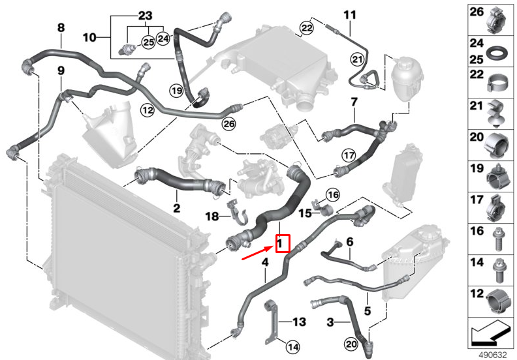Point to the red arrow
[258, 253]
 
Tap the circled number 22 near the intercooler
[307, 28]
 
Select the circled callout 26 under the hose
[229, 123]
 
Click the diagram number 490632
[493, 355]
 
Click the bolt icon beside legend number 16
[497, 239]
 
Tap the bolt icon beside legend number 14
[498, 271]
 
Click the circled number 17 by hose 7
[349, 155]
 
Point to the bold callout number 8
[61, 27]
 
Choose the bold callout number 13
[299, 322]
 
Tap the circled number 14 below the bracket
[293, 346]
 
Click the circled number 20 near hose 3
[351, 344]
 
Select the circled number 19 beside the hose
[176, 90]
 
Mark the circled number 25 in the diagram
[148, 42]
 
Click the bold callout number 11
[350, 15]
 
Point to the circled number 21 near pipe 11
[358, 59]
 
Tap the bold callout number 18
[212, 217]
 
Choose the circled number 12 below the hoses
[148, 110]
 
